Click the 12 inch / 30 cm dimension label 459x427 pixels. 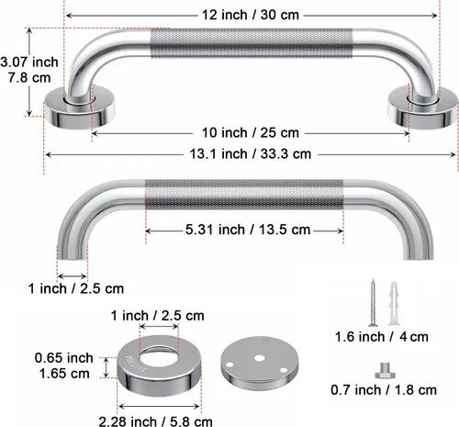point(251,15)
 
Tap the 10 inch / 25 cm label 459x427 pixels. point(251,133)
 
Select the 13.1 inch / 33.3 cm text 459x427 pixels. point(251,153)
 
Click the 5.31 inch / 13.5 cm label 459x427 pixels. point(248,230)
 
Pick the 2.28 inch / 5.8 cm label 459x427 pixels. point(155,421)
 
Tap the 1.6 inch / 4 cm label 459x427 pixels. point(382,337)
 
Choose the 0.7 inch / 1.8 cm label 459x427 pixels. point(384,390)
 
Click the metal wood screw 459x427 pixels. point(373,302)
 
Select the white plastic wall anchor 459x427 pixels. point(394,304)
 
